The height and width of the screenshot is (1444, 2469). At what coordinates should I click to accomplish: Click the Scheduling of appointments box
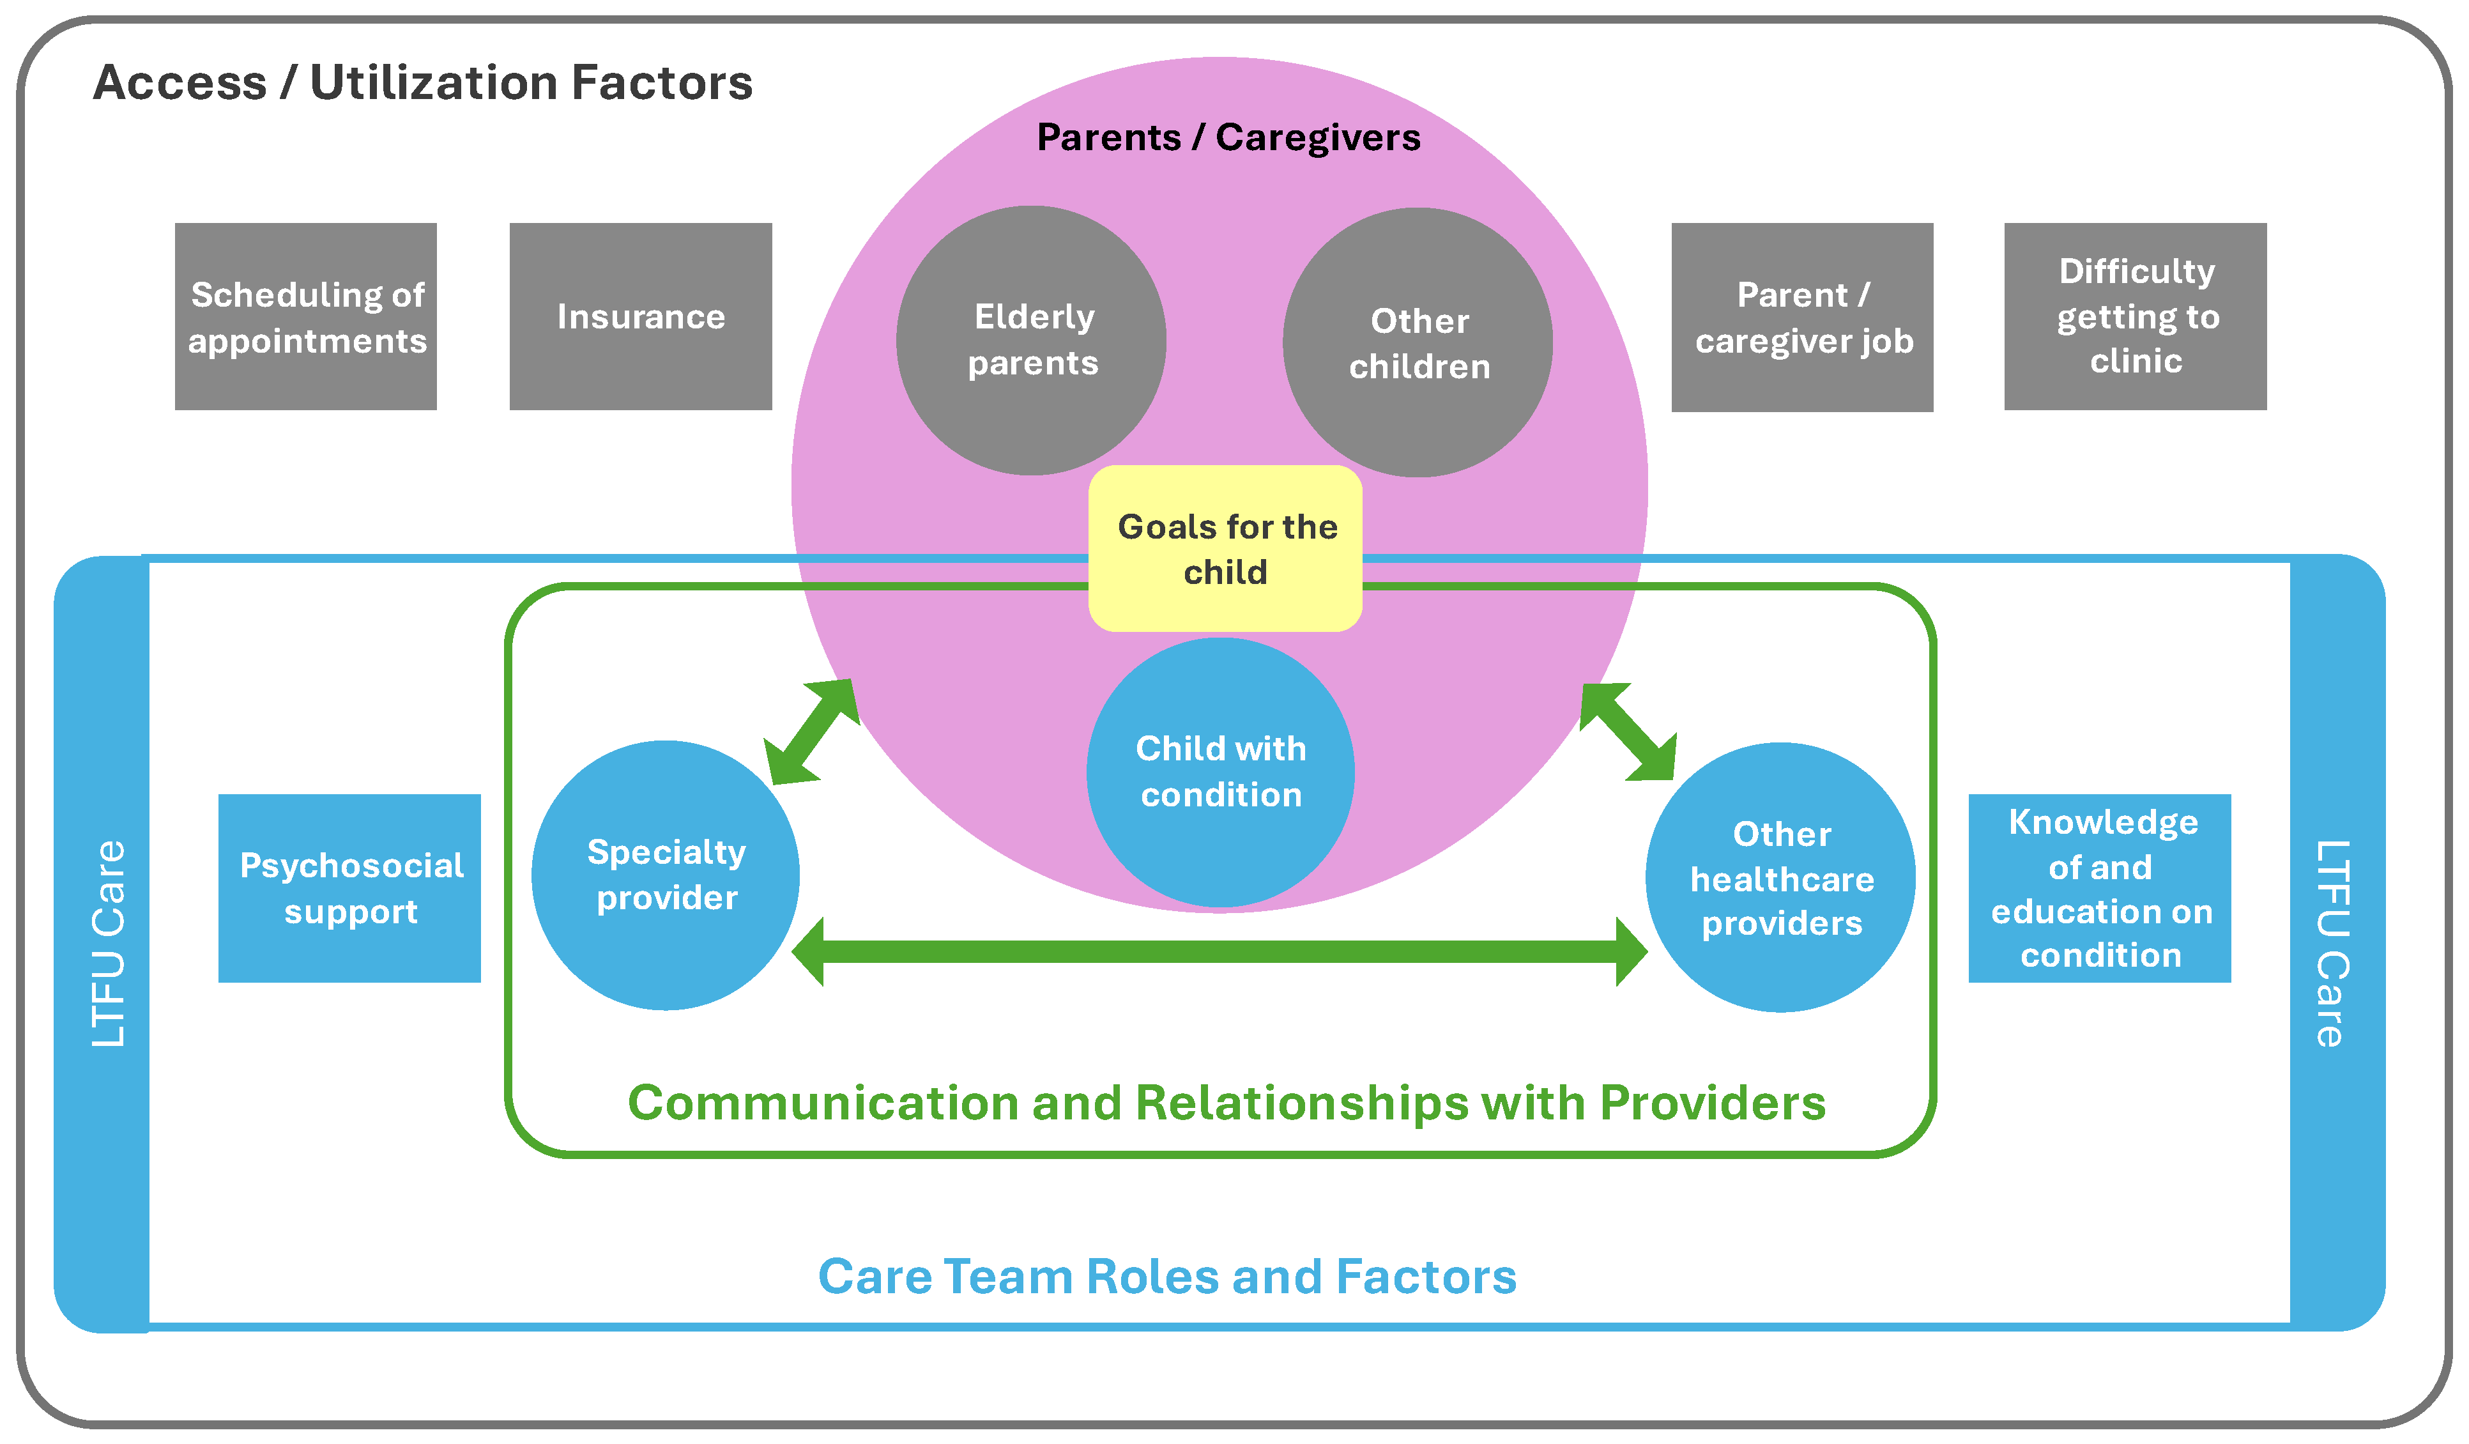306,316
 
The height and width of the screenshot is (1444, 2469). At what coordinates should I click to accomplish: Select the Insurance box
641,316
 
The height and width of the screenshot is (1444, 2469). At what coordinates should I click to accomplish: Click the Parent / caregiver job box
1803,318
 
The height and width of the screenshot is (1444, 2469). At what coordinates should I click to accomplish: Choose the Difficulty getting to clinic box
2136,316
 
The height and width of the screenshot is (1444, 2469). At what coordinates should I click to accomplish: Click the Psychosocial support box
350,889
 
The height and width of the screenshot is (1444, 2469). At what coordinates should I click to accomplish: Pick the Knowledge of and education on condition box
2100,889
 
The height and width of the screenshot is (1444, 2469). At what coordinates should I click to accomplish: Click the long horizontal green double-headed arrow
1219,951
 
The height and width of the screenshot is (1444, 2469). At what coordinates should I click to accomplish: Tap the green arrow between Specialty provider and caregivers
811,732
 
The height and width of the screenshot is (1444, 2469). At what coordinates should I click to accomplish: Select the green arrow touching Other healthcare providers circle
1628,732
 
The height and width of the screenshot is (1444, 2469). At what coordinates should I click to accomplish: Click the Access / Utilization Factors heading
424,82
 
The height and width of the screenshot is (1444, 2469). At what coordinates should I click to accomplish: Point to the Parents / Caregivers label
1228,138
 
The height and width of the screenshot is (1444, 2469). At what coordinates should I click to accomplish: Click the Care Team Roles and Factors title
1168,1277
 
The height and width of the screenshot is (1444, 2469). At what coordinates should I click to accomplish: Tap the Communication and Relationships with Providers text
1227,1103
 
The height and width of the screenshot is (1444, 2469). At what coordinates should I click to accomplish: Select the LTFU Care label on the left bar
109,944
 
